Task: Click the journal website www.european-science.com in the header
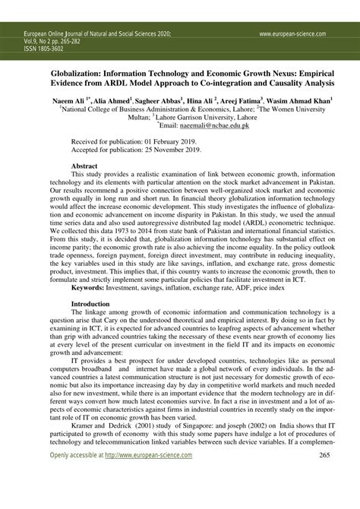[x=292, y=34]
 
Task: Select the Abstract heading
[x=84, y=165]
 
